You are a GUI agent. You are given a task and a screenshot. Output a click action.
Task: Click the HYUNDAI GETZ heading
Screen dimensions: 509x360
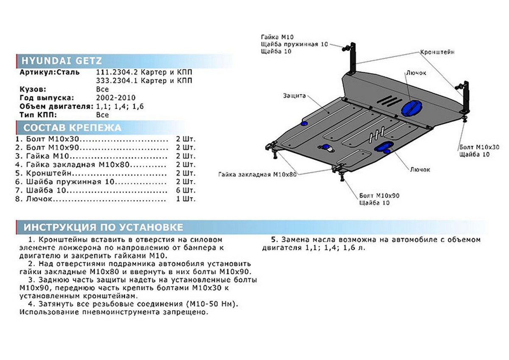pyautogui.click(x=62, y=61)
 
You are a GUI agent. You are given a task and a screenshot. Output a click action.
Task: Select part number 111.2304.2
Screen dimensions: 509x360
pyautogui.click(x=117, y=72)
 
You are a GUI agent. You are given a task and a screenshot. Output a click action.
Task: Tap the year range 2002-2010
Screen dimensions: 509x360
pyautogui.click(x=116, y=98)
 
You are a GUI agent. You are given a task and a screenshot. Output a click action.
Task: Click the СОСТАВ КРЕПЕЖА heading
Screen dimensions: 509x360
pyautogui.click(x=72, y=128)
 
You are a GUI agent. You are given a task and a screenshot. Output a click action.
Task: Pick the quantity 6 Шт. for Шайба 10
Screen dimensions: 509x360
pyautogui.click(x=186, y=190)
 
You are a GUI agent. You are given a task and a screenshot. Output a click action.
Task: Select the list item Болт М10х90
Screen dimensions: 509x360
pyautogui.click(x=52, y=148)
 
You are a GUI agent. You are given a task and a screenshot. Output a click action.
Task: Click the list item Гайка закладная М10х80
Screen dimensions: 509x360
pyautogui.click(x=78, y=165)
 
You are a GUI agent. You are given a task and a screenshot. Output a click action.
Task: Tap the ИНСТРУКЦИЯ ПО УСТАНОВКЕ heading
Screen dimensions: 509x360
pyautogui.click(x=103, y=227)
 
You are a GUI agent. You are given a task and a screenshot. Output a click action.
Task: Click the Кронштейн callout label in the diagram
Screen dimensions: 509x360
pyautogui.click(x=437, y=52)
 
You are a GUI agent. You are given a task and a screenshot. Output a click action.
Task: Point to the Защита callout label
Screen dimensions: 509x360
pyautogui.click(x=294, y=96)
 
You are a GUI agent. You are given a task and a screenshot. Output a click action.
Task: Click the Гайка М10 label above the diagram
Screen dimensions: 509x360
pyautogui.click(x=277, y=37)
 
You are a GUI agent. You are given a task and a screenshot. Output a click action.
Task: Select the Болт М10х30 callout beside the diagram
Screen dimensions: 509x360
pyautogui.click(x=479, y=147)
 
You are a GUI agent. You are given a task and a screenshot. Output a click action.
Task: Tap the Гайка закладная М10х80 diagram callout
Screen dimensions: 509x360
pyautogui.click(x=257, y=174)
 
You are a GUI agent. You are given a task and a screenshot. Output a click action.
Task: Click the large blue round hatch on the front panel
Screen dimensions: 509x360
pyautogui.click(x=411, y=108)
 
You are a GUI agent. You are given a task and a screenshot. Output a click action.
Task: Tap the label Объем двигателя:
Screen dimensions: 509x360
pyautogui.click(x=56, y=107)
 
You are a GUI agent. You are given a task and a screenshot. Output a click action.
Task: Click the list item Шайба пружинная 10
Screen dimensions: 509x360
pyautogui.click(x=70, y=182)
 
